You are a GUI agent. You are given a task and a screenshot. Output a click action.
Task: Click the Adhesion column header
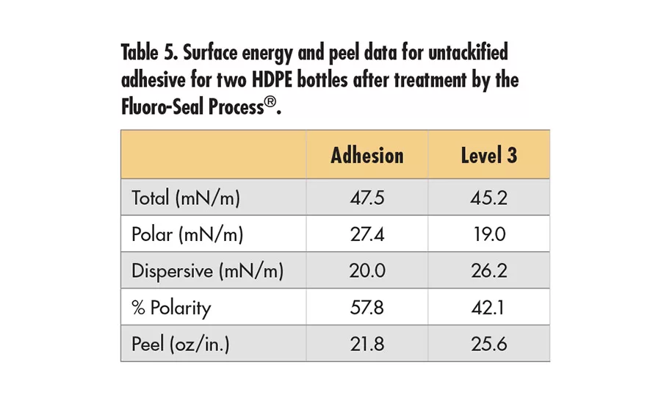pos(366,156)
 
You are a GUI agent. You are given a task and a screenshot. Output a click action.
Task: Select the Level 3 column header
pos(489,156)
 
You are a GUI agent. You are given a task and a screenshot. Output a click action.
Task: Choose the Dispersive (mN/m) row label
pos(207,271)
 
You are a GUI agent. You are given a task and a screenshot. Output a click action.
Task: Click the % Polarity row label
pos(170,307)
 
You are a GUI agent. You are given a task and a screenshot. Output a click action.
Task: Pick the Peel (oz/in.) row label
pos(180,344)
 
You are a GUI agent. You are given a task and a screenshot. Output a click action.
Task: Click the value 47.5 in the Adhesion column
pos(366,198)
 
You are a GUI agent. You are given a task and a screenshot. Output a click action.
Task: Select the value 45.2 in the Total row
pos(489,198)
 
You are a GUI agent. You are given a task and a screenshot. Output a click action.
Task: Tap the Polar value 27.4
pos(366,235)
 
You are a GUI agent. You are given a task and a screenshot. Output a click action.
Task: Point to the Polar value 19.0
pos(489,235)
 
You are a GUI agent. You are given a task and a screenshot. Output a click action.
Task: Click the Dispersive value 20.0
pos(366,271)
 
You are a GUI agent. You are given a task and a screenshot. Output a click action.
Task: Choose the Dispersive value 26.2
pos(489,271)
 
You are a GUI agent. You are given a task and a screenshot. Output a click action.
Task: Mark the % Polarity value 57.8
pos(366,307)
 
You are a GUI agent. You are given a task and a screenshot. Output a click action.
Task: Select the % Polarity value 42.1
pos(489,307)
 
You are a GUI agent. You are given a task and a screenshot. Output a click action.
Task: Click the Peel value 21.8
pos(366,344)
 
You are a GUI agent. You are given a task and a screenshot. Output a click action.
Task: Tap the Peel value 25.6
pos(489,344)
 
